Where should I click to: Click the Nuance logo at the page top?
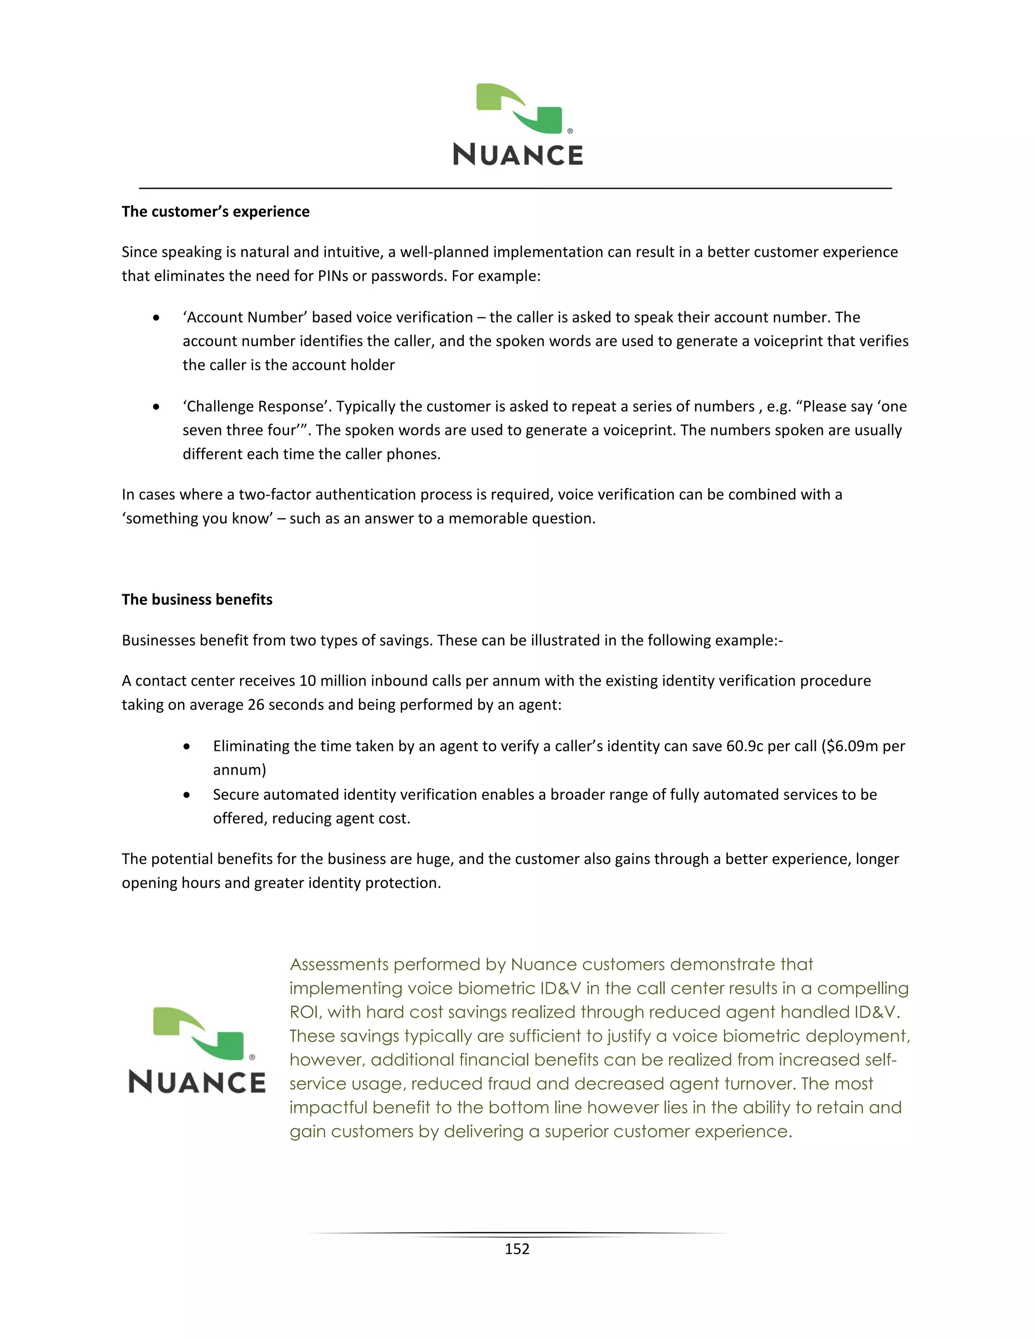pos(518,125)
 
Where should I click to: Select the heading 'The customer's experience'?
pos(215,212)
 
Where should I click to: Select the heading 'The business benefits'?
pos(197,600)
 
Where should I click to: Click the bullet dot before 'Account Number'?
pos(157,318)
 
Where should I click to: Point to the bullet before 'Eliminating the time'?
pos(187,747)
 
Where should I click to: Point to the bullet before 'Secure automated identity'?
pos(187,795)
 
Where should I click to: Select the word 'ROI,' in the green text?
pos(305,1012)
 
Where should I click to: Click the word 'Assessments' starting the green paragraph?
pos(339,965)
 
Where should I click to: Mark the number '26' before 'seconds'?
pos(256,705)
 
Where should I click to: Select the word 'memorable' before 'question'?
pos(488,519)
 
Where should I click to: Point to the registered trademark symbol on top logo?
pos(570,131)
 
